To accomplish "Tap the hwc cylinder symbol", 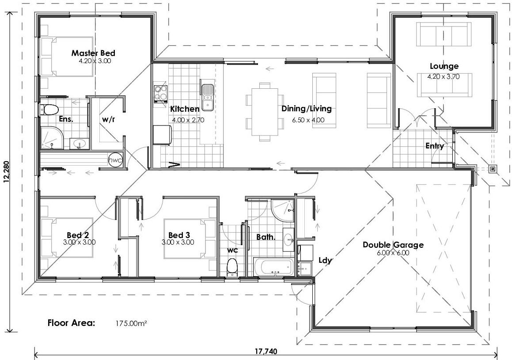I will [115, 159].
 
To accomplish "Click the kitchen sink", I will [207, 96].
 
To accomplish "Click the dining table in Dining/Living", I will [265, 111].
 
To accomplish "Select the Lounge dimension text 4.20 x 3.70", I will [444, 76].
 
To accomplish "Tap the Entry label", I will [435, 146].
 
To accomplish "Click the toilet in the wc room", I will [232, 267].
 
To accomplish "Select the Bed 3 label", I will [179, 235].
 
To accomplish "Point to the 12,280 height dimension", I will [5, 171].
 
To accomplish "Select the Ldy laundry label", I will [325, 260].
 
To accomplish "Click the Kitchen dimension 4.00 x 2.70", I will [188, 119].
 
